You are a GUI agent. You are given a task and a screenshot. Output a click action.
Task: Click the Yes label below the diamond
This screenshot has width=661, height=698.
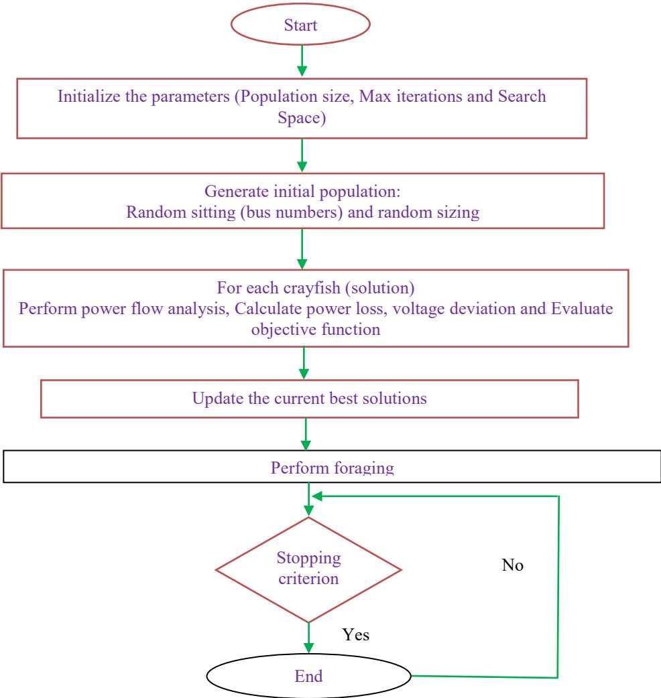coord(355,634)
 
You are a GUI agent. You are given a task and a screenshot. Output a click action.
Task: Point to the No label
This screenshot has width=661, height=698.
coord(512,565)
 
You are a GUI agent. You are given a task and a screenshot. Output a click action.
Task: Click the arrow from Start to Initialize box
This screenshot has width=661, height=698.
coord(302,60)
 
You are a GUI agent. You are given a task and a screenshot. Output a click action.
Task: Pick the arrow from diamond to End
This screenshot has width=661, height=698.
coord(308,638)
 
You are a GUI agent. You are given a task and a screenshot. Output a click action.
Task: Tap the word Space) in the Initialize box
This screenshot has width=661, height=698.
coord(302,118)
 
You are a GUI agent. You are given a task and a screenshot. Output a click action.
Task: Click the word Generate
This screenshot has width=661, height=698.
coord(237,191)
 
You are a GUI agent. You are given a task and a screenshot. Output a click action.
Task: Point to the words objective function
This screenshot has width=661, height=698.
coord(316,330)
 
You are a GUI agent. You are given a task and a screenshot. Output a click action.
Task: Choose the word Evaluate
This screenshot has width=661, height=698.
coord(582,308)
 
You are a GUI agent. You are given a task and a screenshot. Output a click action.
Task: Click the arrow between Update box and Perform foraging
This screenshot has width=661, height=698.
coord(306,434)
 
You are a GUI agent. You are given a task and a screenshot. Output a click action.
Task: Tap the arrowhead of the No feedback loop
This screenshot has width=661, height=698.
coord(316,496)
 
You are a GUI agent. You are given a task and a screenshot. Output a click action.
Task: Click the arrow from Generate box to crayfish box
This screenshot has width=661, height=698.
coord(302,249)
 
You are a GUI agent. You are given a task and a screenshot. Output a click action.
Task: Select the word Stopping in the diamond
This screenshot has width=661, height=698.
coord(308,558)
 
